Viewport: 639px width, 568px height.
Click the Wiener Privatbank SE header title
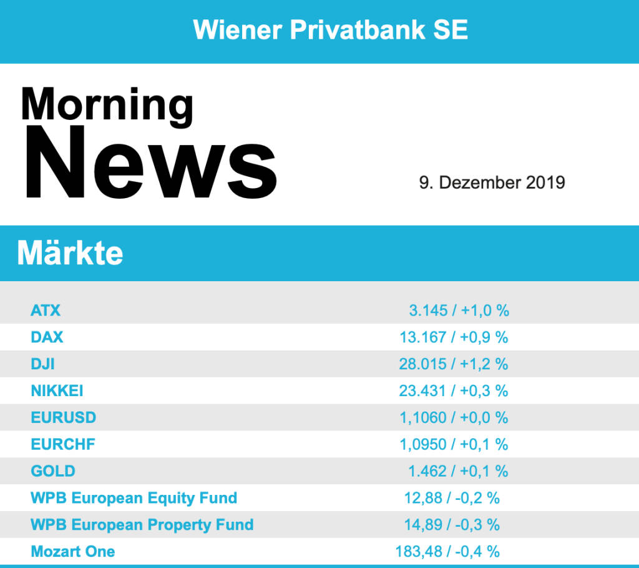pos(330,29)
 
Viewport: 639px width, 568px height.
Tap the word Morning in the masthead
pos(107,104)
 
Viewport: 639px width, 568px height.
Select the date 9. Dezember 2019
pos(492,183)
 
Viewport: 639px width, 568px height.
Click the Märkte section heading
pos(70,254)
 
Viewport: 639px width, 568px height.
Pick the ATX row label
pos(46,311)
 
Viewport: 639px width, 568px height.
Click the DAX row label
pos(47,337)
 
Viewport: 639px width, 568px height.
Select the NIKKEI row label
pos(57,391)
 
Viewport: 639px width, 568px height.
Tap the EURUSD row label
pos(63,417)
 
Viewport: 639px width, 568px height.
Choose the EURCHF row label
pos(63,444)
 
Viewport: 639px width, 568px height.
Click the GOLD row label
pos(52,471)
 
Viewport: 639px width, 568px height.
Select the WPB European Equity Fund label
pos(134,498)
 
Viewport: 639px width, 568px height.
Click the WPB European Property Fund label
pos(142,525)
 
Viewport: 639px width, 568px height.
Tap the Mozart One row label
pos(72,552)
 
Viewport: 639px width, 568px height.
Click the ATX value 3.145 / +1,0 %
pos(458,311)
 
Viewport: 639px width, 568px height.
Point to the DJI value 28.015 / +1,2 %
pos(453,364)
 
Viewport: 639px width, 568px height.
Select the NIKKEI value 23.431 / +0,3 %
pos(453,391)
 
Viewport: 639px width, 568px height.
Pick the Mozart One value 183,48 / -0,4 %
pos(447,552)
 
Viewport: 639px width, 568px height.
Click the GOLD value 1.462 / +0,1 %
pos(458,471)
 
